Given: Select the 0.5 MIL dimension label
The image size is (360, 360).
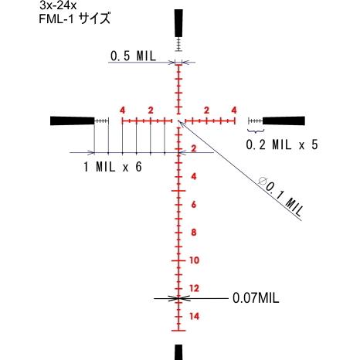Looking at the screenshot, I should coord(133,56).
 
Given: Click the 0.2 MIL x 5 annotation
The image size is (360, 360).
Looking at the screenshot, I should coord(282,144).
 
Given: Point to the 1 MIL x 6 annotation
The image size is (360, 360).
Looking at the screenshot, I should coord(112,167).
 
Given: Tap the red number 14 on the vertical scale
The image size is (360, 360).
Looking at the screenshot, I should coord(194,316).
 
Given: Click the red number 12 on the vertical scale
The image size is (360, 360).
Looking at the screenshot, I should coord(194,288).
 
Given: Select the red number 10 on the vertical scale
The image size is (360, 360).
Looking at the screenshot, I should coord(194,260).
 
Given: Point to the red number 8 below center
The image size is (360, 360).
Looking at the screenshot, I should coord(194,233).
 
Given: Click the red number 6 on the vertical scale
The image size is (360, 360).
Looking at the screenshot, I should coord(194,205).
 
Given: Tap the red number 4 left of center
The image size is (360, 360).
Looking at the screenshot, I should coord(123,110).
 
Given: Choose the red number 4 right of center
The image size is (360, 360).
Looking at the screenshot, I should coord(234,110).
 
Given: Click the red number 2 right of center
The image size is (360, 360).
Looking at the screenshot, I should coord(206,110).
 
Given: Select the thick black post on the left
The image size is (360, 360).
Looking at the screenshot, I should coord(71,121).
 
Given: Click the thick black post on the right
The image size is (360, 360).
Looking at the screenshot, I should coord(285,121).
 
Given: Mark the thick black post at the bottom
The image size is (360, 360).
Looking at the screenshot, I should coord(178,352).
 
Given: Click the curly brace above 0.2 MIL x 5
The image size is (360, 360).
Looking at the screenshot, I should coord(256,133).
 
